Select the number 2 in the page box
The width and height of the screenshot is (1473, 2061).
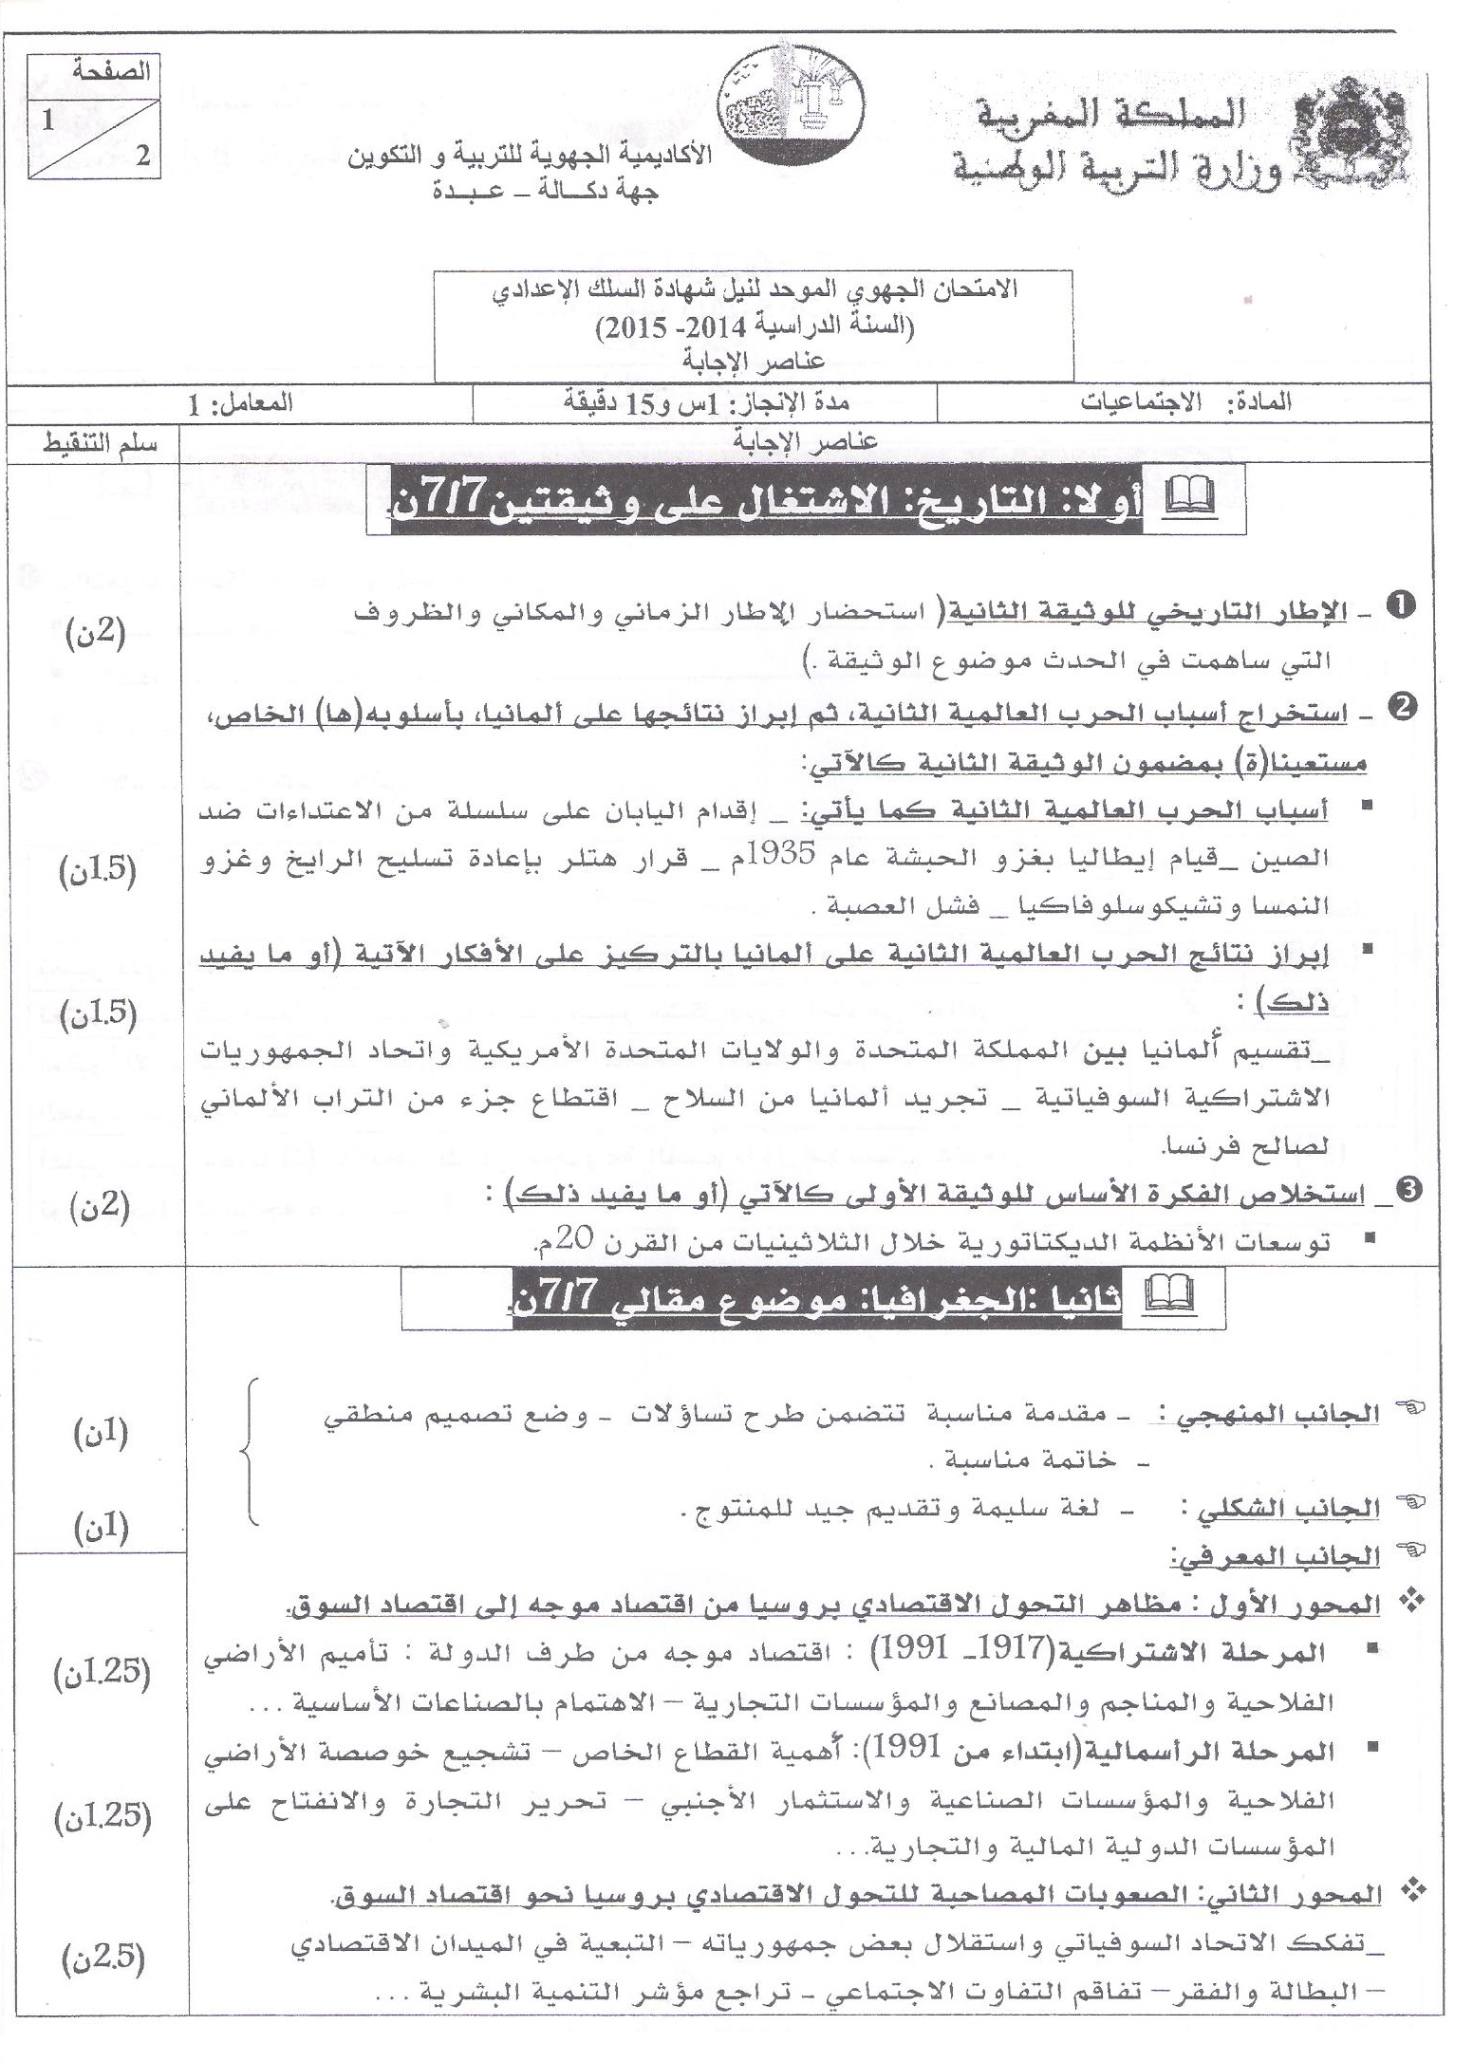click(142, 157)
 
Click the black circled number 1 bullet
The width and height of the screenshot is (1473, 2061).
click(1398, 604)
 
